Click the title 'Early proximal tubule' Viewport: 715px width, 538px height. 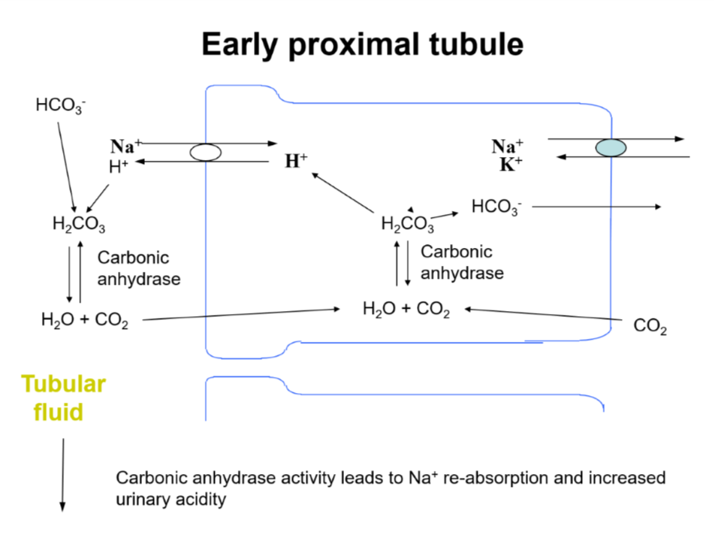[x=362, y=45]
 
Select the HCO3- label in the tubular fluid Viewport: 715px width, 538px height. [x=60, y=105]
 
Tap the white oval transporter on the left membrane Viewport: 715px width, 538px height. [x=205, y=153]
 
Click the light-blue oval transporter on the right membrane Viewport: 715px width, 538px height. [x=611, y=148]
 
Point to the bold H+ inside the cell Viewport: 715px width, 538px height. [x=296, y=160]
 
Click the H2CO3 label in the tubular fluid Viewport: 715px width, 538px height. [x=78, y=224]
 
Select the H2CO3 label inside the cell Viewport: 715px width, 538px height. [x=407, y=224]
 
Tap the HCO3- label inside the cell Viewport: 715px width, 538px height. [x=496, y=207]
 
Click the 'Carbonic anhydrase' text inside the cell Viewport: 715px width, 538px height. [x=461, y=262]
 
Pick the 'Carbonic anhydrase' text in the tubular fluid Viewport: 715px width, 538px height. [x=139, y=268]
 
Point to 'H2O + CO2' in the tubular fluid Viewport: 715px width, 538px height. [x=84, y=321]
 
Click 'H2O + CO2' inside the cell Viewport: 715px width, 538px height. [x=406, y=310]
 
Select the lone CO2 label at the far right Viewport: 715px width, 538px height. [x=650, y=328]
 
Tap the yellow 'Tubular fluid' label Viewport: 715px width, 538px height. [x=63, y=397]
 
